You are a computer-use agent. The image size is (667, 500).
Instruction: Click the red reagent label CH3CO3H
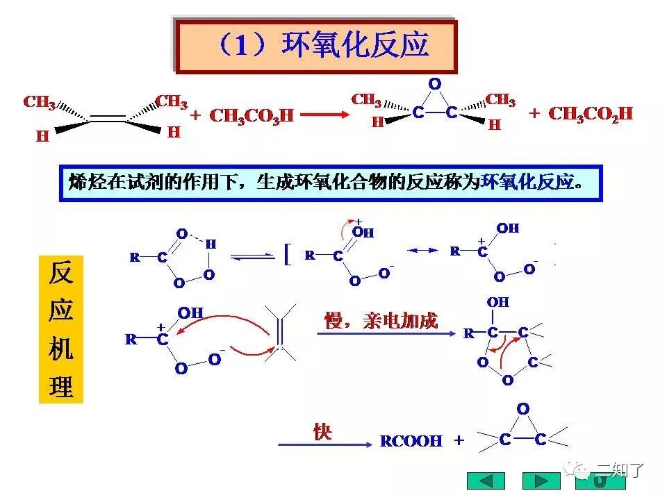point(252,116)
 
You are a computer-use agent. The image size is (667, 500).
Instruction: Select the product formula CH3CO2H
point(591,114)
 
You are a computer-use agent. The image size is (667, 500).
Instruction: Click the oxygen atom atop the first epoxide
point(435,84)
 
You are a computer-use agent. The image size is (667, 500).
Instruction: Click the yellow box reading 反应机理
point(61,330)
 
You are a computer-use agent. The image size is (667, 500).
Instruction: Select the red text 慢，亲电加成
point(381,321)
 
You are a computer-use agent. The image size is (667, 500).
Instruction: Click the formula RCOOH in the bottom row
point(411,442)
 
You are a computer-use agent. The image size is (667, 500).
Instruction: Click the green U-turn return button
point(600,481)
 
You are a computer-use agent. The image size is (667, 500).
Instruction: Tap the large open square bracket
point(287,254)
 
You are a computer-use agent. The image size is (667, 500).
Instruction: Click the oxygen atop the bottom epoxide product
point(523,409)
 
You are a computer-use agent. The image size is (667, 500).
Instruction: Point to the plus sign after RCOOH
point(459,441)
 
